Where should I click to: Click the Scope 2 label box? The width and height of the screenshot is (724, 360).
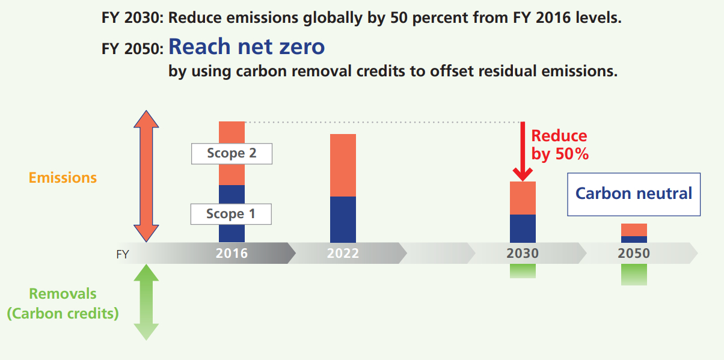click(232, 153)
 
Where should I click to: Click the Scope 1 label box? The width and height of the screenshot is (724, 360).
click(231, 214)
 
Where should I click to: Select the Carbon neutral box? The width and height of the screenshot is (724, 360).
click(634, 194)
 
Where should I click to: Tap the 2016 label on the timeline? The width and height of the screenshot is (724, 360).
click(232, 254)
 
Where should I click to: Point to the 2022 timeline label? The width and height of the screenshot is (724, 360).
click(343, 254)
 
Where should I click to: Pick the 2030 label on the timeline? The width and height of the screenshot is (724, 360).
click(522, 254)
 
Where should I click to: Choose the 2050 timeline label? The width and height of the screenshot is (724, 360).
click(634, 254)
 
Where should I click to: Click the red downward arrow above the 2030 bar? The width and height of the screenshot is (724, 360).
click(522, 150)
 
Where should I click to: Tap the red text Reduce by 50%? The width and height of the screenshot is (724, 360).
click(559, 145)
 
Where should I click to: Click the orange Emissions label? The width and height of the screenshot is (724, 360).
click(63, 178)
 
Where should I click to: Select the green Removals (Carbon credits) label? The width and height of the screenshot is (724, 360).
click(63, 304)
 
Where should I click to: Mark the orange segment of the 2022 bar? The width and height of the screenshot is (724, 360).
click(343, 165)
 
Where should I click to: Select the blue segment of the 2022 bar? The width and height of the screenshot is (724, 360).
click(343, 219)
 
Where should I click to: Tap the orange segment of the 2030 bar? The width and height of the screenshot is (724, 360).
click(522, 198)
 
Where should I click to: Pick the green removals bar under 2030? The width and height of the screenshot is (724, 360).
click(522, 271)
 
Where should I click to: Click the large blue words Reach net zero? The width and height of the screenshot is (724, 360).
click(247, 47)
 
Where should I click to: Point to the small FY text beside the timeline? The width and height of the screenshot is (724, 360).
click(123, 254)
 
